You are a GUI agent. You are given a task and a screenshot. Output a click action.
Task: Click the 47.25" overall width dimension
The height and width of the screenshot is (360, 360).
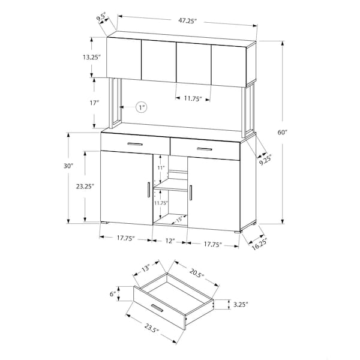188,20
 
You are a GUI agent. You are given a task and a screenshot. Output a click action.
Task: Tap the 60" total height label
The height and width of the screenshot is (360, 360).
283,132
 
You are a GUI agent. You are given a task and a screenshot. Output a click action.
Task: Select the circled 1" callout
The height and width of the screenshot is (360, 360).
141,107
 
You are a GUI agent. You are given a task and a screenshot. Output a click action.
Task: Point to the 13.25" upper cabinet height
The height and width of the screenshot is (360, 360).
92,57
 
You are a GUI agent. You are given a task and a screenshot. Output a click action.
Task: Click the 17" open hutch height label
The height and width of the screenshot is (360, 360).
94,103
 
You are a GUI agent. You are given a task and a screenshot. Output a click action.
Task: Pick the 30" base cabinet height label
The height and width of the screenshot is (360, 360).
68,166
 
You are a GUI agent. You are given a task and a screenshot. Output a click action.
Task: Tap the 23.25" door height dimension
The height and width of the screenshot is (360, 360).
85,186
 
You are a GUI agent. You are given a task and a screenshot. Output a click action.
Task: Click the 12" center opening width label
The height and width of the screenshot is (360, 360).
170,241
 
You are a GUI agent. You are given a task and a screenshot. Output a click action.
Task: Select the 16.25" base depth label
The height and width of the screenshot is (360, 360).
260,244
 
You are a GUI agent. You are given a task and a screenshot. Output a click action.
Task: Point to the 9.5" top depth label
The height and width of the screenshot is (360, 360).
101,18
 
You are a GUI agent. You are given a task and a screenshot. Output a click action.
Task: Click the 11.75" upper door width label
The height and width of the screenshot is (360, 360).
193,98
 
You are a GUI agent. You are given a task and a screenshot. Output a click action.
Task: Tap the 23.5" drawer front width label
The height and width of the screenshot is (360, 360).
152,328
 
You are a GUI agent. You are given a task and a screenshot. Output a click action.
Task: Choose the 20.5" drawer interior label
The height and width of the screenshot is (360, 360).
197,272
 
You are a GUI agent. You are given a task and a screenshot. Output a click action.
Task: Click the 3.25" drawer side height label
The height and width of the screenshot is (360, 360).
241,305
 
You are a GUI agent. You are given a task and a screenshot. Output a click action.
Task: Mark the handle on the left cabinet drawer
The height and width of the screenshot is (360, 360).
135,144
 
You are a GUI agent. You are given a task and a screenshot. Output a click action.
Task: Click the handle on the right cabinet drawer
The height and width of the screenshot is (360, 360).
205,149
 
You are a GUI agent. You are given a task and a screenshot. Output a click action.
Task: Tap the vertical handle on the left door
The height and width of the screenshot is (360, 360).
148,190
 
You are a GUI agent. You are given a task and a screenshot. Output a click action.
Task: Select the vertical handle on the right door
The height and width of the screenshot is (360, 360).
191,193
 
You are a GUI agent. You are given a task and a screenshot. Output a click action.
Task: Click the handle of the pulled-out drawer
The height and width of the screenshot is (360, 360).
157,308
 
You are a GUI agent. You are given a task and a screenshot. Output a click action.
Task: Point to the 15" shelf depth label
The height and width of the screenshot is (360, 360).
179,220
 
